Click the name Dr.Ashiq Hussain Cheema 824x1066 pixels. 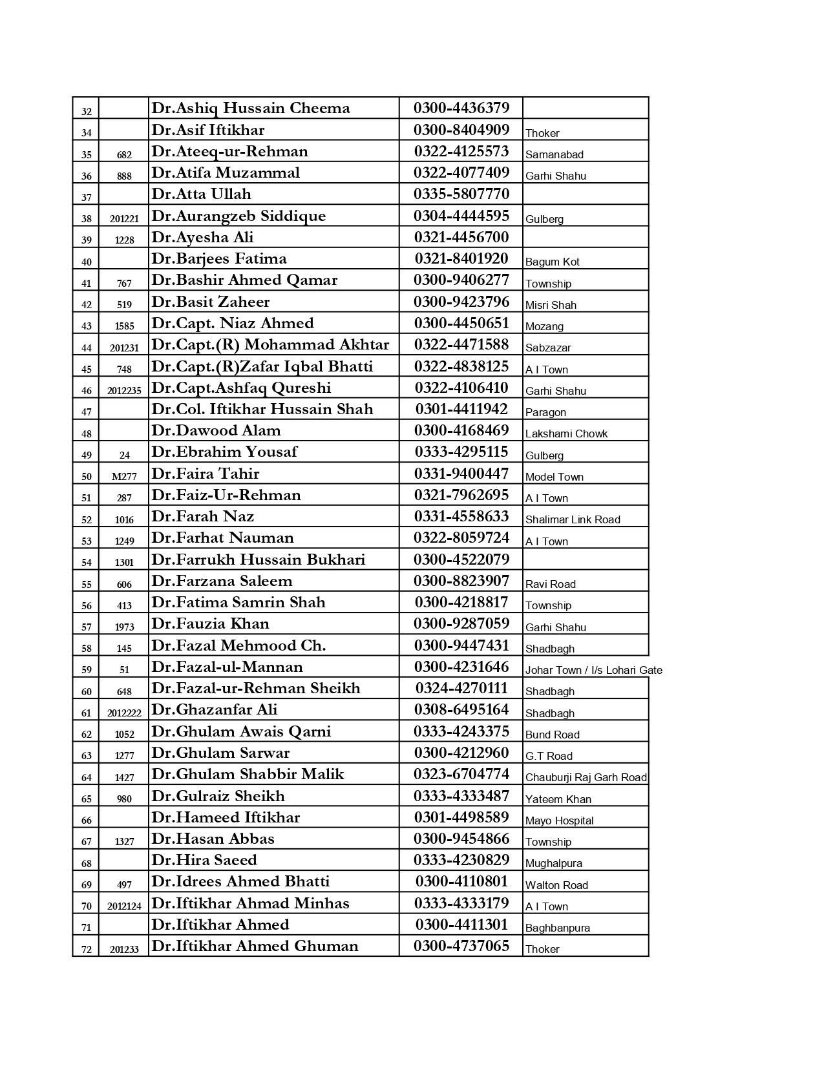(251, 109)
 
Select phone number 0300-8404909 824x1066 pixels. (461, 130)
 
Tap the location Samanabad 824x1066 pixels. (554, 154)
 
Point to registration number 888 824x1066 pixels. (124, 176)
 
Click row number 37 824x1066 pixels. (87, 197)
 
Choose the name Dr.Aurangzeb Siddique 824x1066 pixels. (238, 216)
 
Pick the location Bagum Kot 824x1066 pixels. (552, 262)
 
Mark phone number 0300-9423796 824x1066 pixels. (461, 302)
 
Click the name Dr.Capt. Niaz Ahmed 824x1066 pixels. (233, 323)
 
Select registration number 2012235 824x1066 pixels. (124, 391)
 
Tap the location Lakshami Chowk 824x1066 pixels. (566, 434)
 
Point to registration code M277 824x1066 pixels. (124, 477)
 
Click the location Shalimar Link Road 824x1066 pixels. (573, 519)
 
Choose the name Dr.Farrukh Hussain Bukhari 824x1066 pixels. (259, 559)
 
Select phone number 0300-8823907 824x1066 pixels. (461, 581)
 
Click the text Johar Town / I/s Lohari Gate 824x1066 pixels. (593, 670)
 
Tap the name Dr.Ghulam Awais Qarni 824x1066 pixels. (241, 731)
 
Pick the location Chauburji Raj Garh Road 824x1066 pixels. (586, 777)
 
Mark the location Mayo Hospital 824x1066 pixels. (559, 820)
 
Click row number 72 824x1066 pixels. (87, 950)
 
